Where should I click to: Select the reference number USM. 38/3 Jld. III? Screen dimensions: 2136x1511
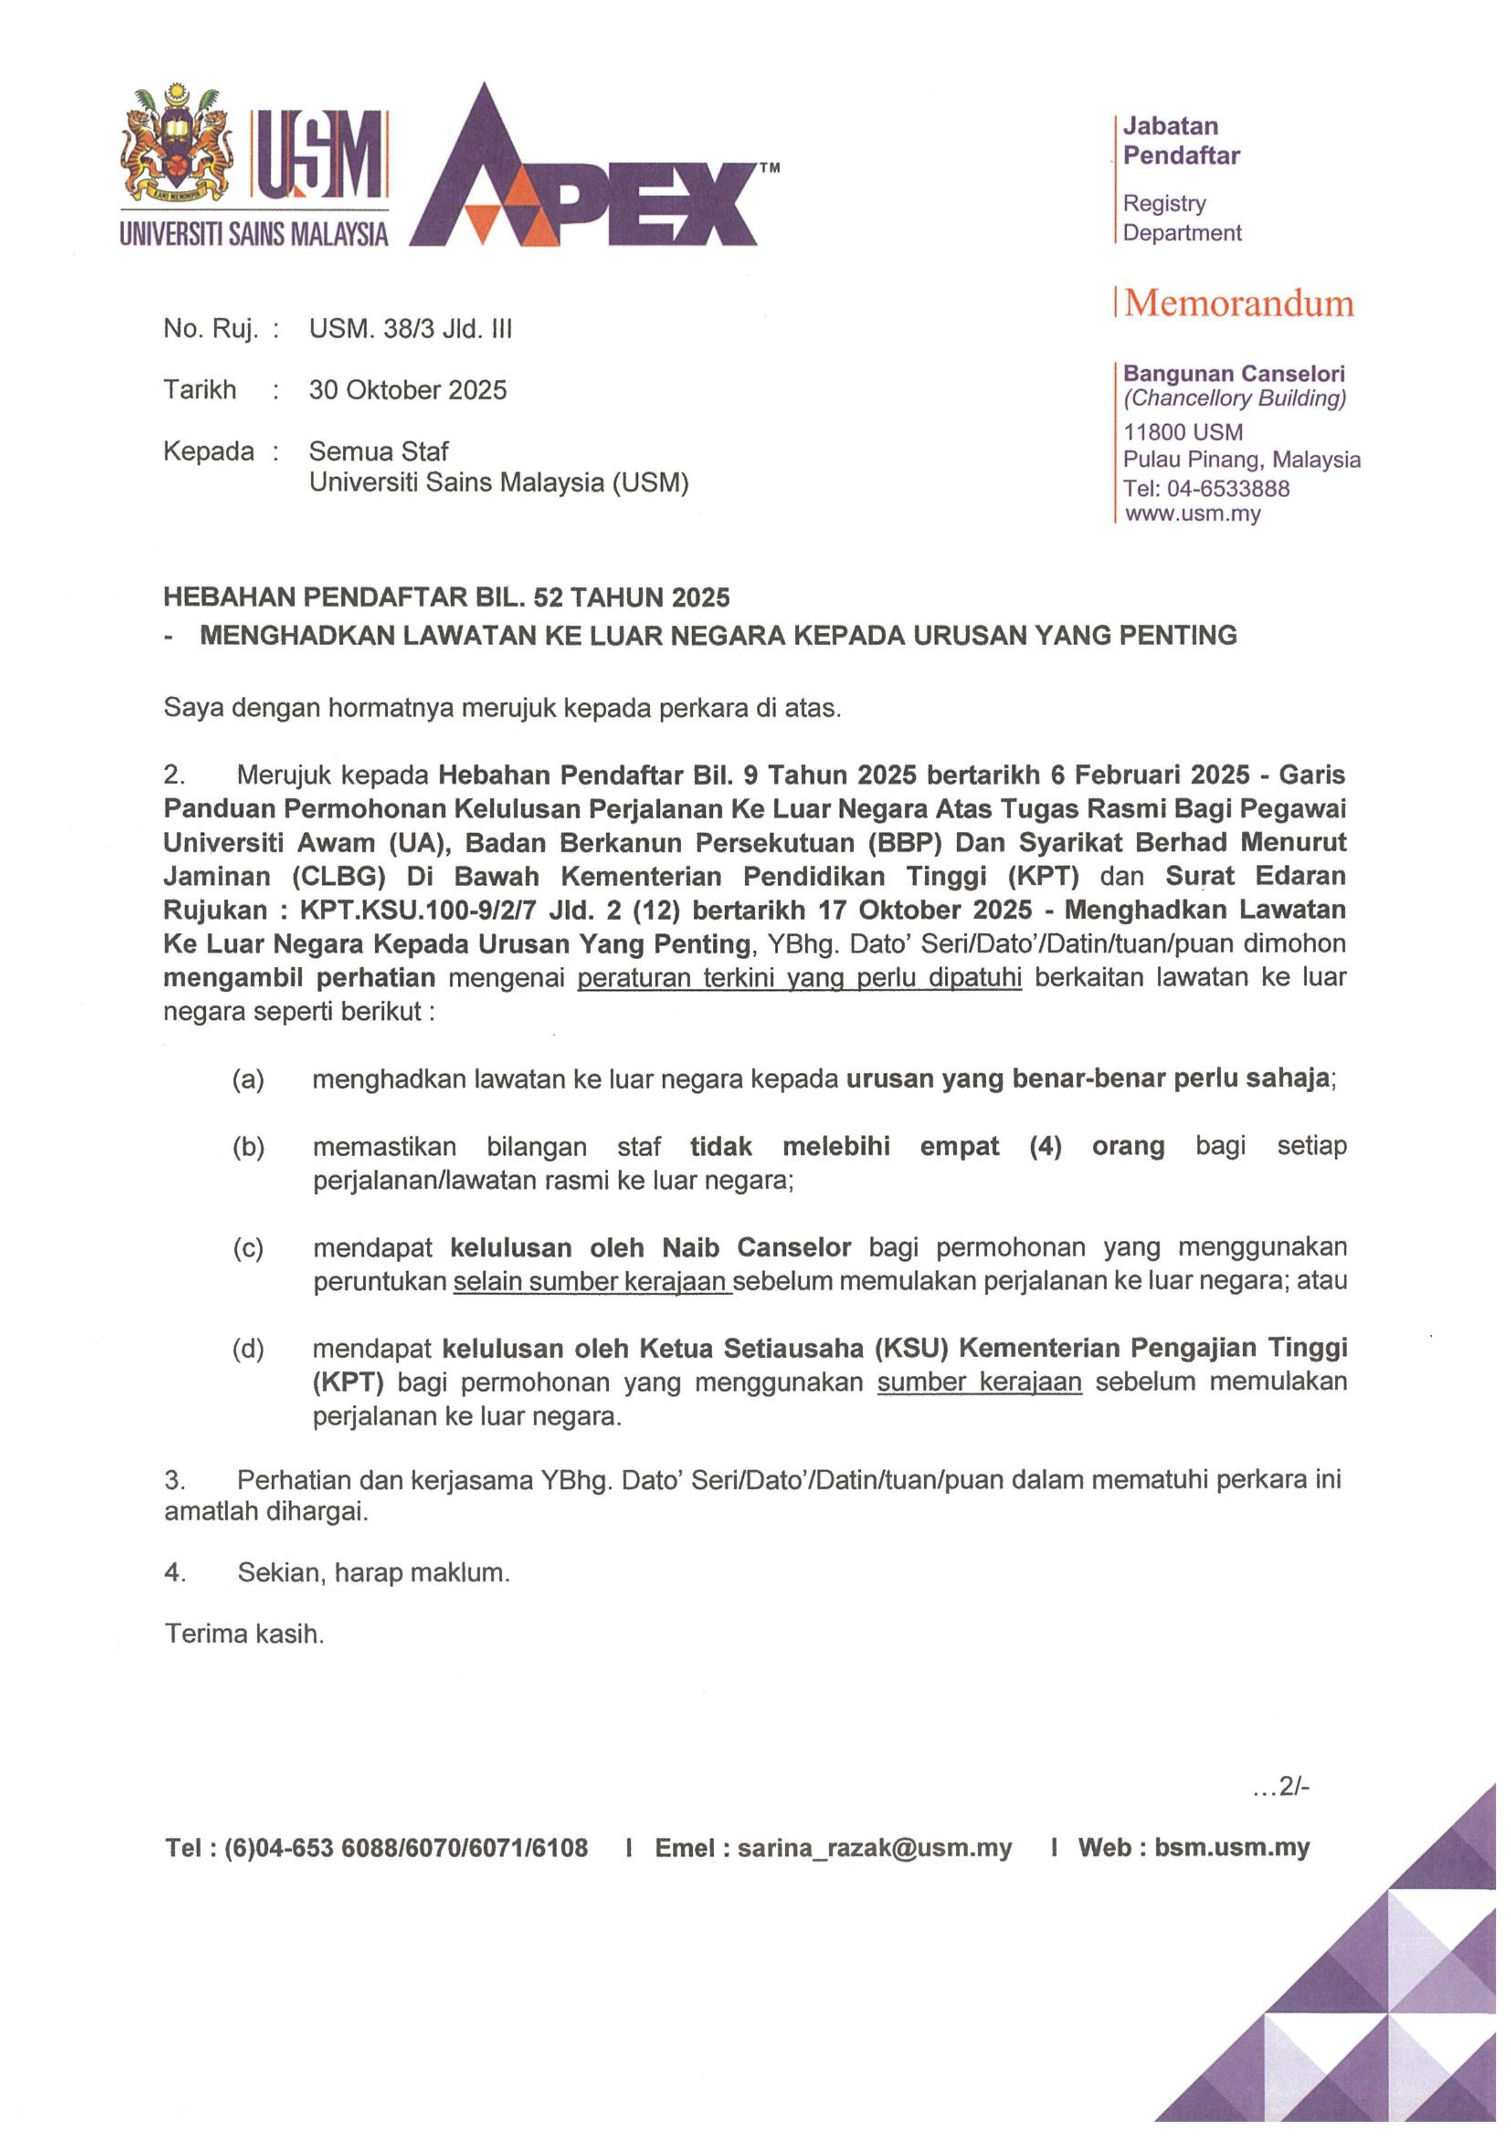pos(410,329)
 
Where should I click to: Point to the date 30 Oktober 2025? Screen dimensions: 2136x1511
pos(407,390)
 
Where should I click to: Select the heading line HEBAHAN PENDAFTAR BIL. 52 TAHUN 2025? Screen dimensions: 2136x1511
pos(447,596)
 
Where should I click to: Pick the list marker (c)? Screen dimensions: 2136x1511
pos(248,1248)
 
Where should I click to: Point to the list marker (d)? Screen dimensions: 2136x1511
pos(248,1348)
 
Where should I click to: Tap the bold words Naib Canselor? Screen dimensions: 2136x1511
pos(757,1248)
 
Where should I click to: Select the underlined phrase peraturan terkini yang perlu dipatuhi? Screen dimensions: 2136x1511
pos(799,978)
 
